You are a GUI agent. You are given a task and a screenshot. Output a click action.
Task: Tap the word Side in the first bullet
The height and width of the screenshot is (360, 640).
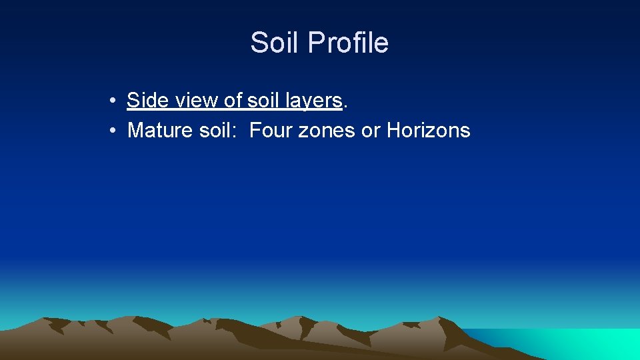click(147, 101)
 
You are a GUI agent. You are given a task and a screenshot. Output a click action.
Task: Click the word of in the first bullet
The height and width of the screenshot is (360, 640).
click(233, 101)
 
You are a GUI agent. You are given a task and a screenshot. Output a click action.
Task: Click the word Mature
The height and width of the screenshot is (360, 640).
click(160, 130)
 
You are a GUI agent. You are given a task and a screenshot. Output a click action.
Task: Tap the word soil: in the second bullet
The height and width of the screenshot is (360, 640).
click(219, 130)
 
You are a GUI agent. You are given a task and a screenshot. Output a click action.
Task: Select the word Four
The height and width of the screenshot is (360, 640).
click(271, 130)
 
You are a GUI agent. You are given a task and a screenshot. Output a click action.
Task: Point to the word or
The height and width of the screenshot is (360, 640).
click(370, 130)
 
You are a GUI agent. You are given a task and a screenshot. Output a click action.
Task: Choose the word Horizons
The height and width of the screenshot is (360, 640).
click(428, 130)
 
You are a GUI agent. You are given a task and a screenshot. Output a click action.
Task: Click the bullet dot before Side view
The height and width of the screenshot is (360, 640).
click(115, 101)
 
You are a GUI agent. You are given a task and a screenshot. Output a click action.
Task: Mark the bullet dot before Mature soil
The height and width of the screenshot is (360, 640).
click(115, 131)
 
